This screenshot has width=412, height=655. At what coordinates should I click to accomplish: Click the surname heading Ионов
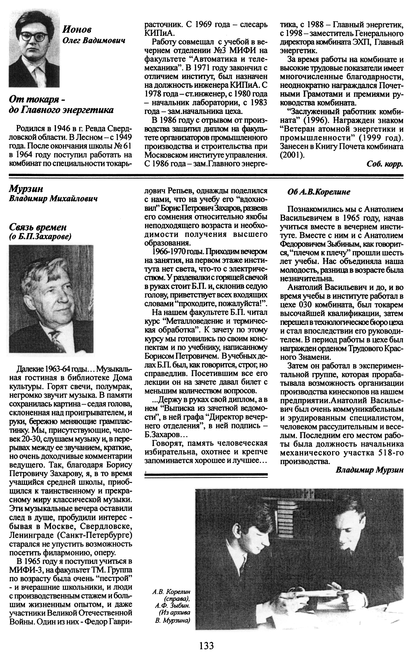click(x=77, y=29)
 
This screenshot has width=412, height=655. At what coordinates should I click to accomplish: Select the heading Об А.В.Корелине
click(x=319, y=192)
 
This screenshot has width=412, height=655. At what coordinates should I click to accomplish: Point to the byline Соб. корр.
click(x=384, y=164)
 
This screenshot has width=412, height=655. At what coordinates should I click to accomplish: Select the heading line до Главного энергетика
click(x=61, y=110)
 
